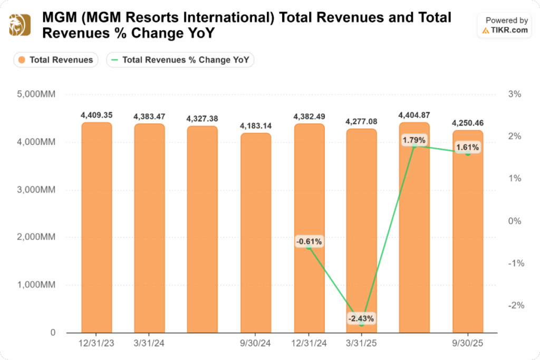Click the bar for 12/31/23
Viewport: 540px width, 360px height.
97,227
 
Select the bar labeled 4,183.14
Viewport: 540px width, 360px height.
256,232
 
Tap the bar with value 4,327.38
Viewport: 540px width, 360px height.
202,229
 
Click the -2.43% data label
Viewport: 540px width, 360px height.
361,318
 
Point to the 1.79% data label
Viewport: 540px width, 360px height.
414,140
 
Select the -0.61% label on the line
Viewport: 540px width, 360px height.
309,241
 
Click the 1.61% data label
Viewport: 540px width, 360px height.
467,147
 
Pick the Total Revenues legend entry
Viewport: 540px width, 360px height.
55,60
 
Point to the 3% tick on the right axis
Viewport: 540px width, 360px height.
515,94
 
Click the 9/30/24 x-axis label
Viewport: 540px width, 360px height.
256,344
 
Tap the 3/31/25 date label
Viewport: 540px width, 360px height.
361,344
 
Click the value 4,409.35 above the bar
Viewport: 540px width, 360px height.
97,114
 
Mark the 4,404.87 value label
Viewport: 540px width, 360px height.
414,114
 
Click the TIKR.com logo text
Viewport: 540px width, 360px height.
509,30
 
